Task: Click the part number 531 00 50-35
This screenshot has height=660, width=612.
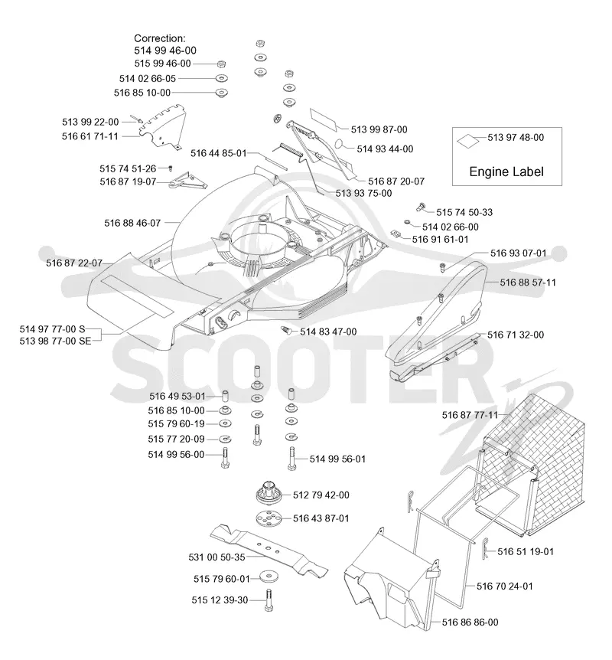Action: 216,557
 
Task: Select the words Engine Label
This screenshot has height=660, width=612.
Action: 506,172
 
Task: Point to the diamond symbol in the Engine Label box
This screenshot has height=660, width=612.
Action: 467,141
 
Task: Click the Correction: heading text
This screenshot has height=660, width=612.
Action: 159,38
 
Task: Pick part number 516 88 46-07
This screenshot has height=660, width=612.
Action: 132,223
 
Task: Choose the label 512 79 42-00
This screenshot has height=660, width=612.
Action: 321,495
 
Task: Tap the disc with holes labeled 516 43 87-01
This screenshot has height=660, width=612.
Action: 269,518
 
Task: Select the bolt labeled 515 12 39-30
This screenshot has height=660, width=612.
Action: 269,600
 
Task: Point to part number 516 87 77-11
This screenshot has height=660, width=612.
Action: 470,415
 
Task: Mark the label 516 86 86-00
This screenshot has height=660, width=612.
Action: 470,622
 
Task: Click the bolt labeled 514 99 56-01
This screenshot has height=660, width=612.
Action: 291,459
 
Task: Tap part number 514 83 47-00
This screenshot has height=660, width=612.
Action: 328,332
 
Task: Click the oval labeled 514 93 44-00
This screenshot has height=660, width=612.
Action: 340,145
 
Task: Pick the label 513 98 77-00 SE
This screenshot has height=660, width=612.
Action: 55,341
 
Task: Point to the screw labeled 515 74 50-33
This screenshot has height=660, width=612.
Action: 421,207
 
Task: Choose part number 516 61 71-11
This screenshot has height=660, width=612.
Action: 90,136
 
